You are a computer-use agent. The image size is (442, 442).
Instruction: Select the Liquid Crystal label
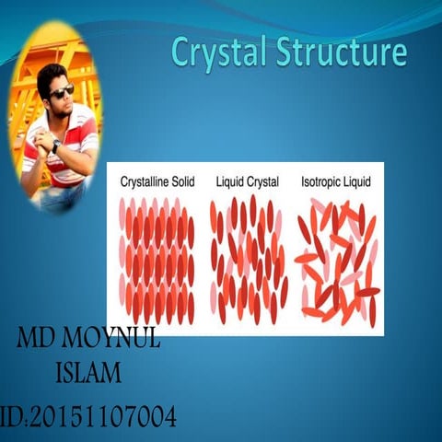(247, 181)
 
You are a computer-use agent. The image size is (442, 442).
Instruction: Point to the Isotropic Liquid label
(337, 181)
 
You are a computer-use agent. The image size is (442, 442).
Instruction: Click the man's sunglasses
(62, 92)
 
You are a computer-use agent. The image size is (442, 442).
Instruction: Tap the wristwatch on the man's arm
(57, 145)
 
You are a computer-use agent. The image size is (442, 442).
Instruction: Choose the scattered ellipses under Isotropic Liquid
(337, 262)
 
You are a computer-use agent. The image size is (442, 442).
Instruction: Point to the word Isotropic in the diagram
(323, 181)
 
